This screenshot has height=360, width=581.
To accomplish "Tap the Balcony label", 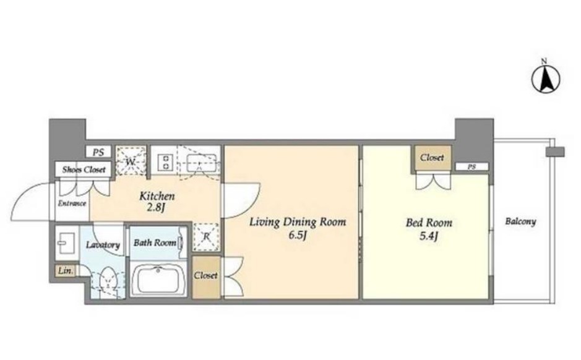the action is point(520,222).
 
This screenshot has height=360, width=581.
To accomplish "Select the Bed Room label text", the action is point(429,223).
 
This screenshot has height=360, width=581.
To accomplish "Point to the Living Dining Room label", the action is point(298,222).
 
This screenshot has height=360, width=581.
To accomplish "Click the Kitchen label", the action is point(157,196).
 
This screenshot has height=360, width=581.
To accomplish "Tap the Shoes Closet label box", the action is point(84,169).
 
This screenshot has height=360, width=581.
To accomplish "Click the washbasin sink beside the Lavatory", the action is point(67,242).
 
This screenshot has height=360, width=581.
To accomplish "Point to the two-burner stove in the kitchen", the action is point(164,162).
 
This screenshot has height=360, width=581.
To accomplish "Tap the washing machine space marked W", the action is point(130,161).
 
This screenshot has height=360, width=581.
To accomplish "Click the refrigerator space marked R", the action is point(206,237).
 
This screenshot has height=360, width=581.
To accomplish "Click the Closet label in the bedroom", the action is point(432,157).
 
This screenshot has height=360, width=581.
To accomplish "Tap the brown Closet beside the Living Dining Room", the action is point(206,276).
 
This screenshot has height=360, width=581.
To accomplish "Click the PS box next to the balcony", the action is point(471,166).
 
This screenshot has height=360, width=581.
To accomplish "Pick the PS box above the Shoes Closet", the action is point(98,152).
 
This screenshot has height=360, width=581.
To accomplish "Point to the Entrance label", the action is point(72,204).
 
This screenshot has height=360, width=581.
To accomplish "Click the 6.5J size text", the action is point(297,236).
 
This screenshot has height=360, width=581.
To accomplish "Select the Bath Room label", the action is point(155,243).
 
